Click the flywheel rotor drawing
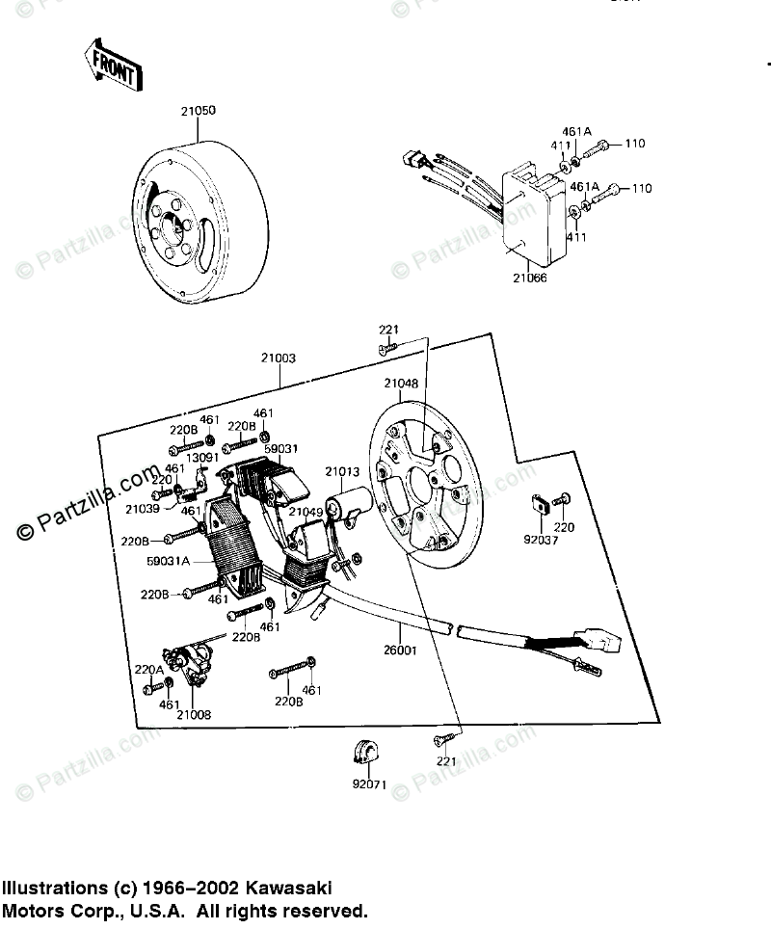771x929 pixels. (x=202, y=219)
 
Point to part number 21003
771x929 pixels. (x=277, y=358)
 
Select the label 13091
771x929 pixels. (x=202, y=457)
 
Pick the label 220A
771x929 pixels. (x=148, y=669)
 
